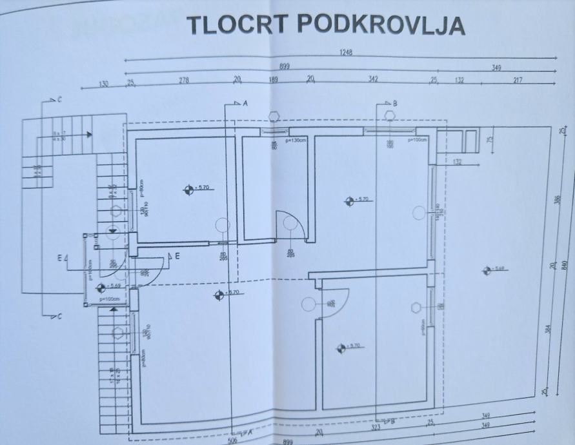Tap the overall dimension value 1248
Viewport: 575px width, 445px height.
pyautogui.click(x=345, y=54)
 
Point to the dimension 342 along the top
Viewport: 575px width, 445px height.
pyautogui.click(x=372, y=80)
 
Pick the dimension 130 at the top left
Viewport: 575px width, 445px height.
pyautogui.click(x=103, y=84)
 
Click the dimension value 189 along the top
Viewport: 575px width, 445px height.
pyautogui.click(x=274, y=81)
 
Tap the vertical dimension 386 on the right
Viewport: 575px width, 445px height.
pyautogui.click(x=557, y=200)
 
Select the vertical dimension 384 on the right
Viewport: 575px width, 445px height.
pyautogui.click(x=550, y=329)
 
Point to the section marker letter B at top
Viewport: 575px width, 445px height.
pyautogui.click(x=395, y=103)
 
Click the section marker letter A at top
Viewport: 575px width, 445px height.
pyautogui.click(x=245, y=103)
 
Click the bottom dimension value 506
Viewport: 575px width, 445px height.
pyautogui.click(x=232, y=442)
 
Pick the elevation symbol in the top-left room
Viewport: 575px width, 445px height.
pyautogui.click(x=188, y=189)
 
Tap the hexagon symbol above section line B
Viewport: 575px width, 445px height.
pyautogui.click(x=389, y=115)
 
